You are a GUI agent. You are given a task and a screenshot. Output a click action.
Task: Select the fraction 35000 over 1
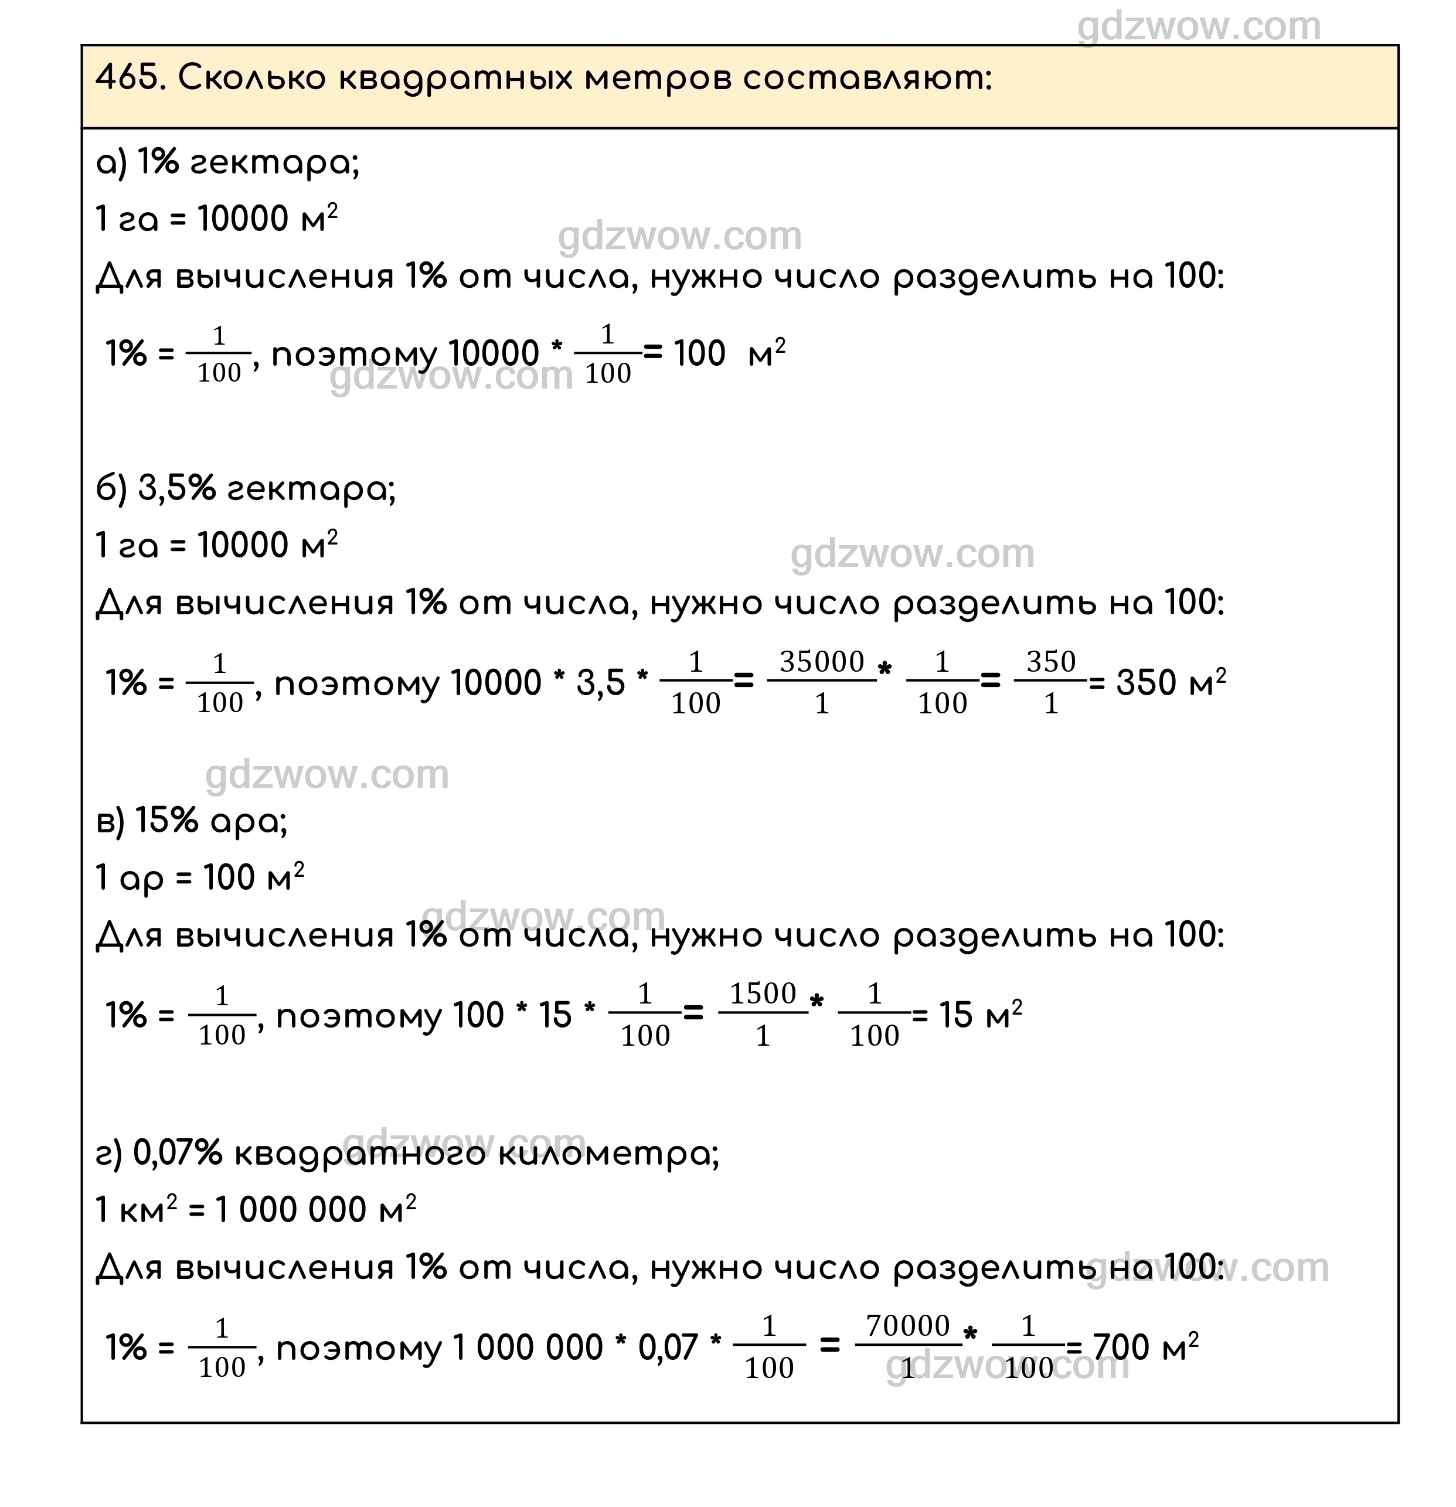[x=822, y=682]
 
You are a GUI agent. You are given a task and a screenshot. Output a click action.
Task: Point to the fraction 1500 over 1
[x=763, y=1014]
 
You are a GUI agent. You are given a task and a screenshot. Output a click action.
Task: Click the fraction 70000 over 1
[x=908, y=1346]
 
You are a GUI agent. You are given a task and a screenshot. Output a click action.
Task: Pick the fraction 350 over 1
[x=1050, y=682]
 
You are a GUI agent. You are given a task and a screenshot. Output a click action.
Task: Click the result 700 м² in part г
[x=1145, y=1346]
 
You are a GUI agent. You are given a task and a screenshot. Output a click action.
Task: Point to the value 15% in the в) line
[x=167, y=821]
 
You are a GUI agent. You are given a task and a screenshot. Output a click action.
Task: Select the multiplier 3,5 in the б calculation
[x=600, y=683]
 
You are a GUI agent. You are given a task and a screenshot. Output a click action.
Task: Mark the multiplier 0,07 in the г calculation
[x=667, y=1347]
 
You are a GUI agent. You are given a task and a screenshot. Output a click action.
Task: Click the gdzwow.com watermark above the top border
[x=1199, y=27]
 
